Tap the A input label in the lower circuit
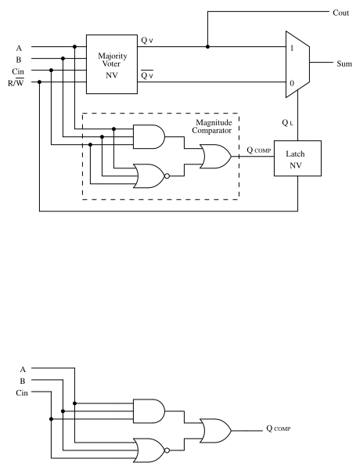23,368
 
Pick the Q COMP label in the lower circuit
283,429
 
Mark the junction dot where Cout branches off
207,46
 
